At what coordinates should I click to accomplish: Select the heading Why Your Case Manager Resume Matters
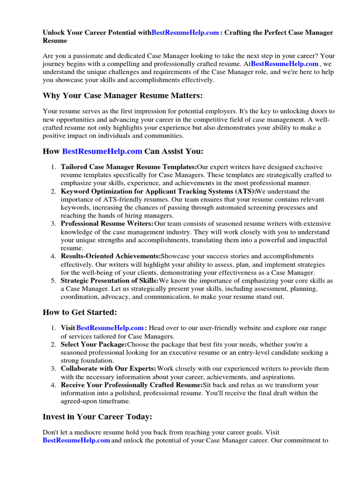click(x=123, y=96)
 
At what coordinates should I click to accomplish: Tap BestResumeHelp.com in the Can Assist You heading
click(x=102, y=151)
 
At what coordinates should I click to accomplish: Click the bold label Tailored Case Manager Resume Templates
click(x=129, y=167)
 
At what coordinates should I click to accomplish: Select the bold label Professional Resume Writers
click(x=107, y=224)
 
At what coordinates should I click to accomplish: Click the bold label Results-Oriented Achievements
click(x=111, y=256)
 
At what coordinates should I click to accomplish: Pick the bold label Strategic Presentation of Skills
click(x=110, y=281)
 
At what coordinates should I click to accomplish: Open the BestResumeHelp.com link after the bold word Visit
click(x=110, y=328)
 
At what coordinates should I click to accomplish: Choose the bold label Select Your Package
click(x=94, y=345)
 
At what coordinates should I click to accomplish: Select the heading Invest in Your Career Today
click(x=97, y=416)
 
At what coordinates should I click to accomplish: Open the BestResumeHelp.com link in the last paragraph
click(x=76, y=441)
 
